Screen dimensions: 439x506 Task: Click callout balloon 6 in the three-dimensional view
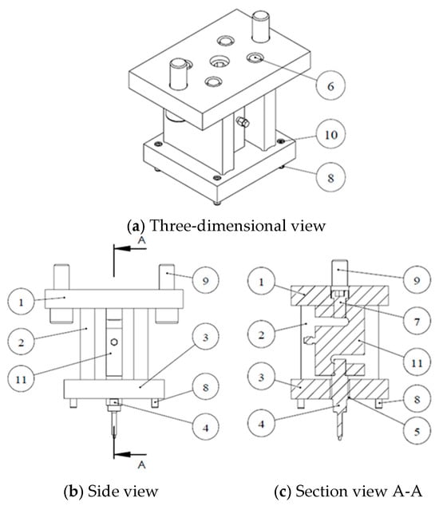tap(330, 85)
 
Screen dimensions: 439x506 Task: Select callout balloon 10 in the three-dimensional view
tap(330, 134)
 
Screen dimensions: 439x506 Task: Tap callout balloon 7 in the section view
tap(417, 321)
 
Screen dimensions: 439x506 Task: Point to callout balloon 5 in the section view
tap(417, 431)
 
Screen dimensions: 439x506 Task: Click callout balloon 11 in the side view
tap(21, 378)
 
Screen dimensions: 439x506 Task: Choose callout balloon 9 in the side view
tap(206, 280)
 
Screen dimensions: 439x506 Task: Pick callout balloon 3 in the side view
tap(206, 337)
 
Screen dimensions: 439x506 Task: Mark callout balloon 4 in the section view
tap(261, 423)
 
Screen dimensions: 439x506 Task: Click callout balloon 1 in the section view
tap(261, 282)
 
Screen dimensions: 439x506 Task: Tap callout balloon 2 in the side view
tap(21, 342)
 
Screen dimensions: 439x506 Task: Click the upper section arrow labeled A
tap(130, 248)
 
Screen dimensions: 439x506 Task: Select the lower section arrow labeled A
tap(130, 454)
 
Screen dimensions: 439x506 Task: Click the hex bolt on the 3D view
tap(243, 122)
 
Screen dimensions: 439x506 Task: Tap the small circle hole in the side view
tap(114, 342)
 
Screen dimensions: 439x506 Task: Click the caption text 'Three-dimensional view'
tap(238, 225)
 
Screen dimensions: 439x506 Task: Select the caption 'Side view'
tap(123, 491)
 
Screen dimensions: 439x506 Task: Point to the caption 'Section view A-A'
tap(358, 491)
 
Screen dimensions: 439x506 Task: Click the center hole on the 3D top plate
tap(219, 61)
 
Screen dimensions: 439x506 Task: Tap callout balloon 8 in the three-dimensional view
tap(330, 177)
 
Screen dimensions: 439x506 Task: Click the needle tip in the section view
tap(339, 439)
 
